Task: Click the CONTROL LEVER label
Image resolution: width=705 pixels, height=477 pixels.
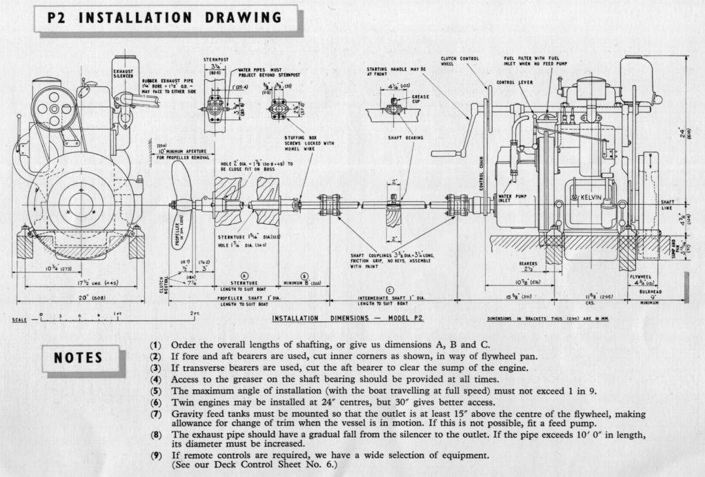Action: point(511,83)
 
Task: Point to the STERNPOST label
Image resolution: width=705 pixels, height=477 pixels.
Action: point(215,59)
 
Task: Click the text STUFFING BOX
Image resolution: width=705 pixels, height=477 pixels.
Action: point(299,138)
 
